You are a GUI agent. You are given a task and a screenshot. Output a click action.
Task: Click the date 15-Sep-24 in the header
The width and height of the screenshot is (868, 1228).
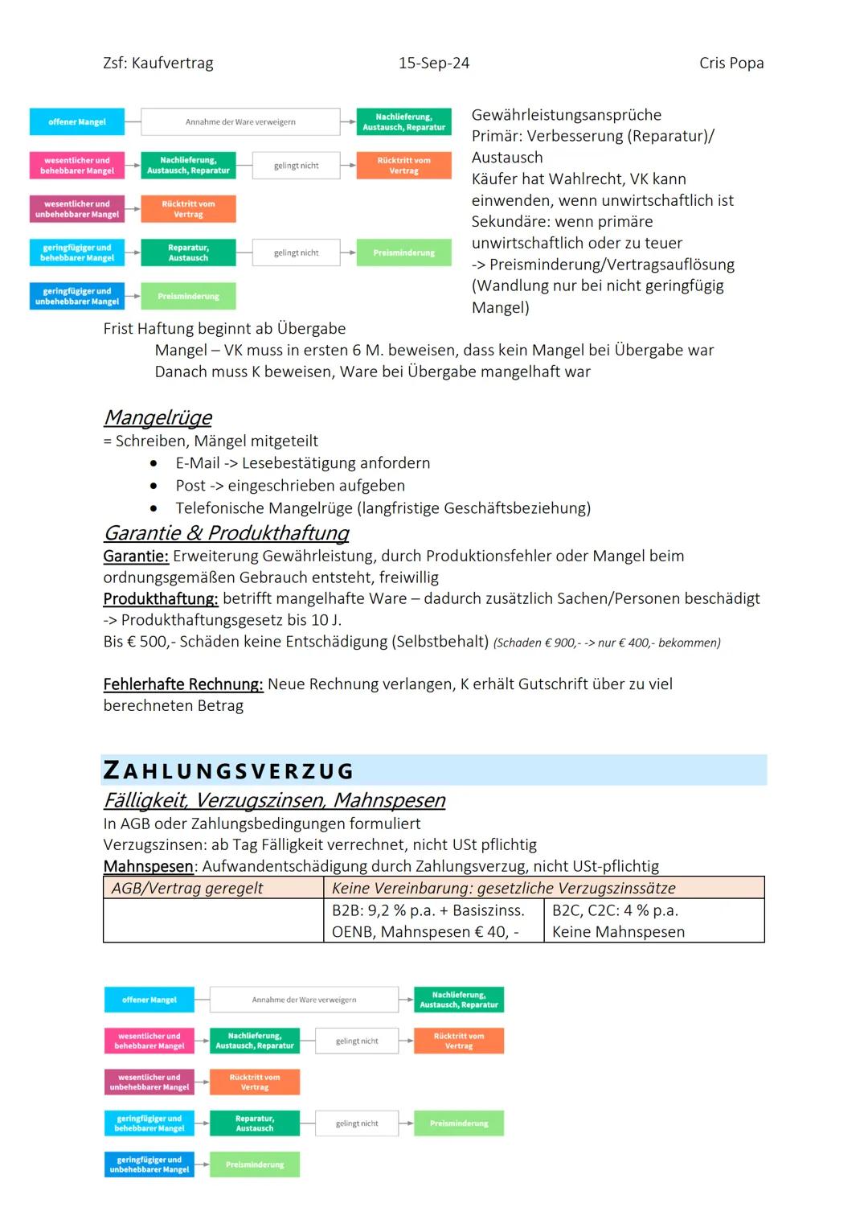pyautogui.click(x=433, y=63)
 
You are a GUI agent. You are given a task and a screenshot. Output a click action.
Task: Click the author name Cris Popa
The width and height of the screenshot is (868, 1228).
pyautogui.click(x=731, y=63)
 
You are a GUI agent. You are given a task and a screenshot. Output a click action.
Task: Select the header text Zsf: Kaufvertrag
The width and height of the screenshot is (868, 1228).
pyautogui.click(x=158, y=63)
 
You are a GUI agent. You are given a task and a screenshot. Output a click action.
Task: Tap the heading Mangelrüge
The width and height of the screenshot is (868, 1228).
pyautogui.click(x=158, y=417)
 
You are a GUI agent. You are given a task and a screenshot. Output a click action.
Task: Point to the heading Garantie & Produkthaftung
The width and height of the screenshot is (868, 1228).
pyautogui.click(x=226, y=533)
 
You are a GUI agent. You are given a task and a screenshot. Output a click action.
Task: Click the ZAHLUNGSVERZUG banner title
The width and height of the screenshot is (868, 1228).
pyautogui.click(x=229, y=770)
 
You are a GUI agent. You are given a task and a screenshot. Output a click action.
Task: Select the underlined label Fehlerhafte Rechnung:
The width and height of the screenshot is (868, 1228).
pyautogui.click(x=182, y=684)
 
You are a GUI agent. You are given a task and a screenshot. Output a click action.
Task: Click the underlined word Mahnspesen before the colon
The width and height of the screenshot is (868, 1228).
pyautogui.click(x=148, y=866)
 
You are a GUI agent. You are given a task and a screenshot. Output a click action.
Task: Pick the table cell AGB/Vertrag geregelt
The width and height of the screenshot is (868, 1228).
pyautogui.click(x=187, y=888)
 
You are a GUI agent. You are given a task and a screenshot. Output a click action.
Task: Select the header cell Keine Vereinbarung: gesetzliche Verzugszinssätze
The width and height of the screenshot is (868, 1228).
pyautogui.click(x=503, y=888)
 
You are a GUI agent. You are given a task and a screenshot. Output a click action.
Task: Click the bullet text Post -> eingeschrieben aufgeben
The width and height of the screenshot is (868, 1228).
pyautogui.click(x=290, y=486)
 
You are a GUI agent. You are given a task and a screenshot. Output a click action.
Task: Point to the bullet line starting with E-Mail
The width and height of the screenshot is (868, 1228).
pyautogui.click(x=302, y=463)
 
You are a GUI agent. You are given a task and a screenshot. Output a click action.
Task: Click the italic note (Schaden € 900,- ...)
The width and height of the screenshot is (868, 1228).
pyautogui.click(x=607, y=643)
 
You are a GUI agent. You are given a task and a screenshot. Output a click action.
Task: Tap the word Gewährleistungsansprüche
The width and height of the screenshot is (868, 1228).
pyautogui.click(x=566, y=115)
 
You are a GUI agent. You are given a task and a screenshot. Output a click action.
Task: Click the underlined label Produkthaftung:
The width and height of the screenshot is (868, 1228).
pyautogui.click(x=160, y=598)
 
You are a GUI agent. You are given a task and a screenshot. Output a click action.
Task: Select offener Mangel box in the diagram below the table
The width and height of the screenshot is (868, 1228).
pyautogui.click(x=149, y=1000)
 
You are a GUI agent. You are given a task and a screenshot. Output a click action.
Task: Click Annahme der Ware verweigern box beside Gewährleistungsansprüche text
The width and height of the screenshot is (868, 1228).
pyautogui.click(x=240, y=122)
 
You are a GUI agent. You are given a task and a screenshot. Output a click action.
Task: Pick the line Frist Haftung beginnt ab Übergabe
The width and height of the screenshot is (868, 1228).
pyautogui.click(x=224, y=328)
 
